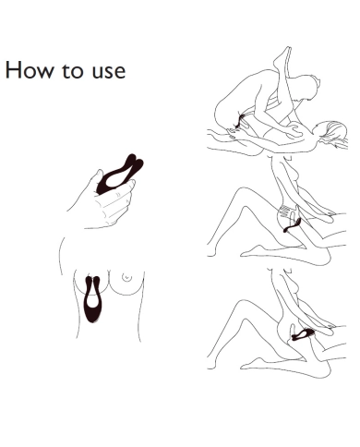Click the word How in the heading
click(30, 70)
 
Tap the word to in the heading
click(73, 70)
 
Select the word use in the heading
click(109, 72)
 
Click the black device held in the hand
click(118, 175)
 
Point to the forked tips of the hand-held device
click(135, 163)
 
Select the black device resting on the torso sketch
click(92, 298)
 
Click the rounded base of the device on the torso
click(92, 314)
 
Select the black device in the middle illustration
click(292, 225)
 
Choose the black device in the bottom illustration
click(303, 334)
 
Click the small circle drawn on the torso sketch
click(126, 277)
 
